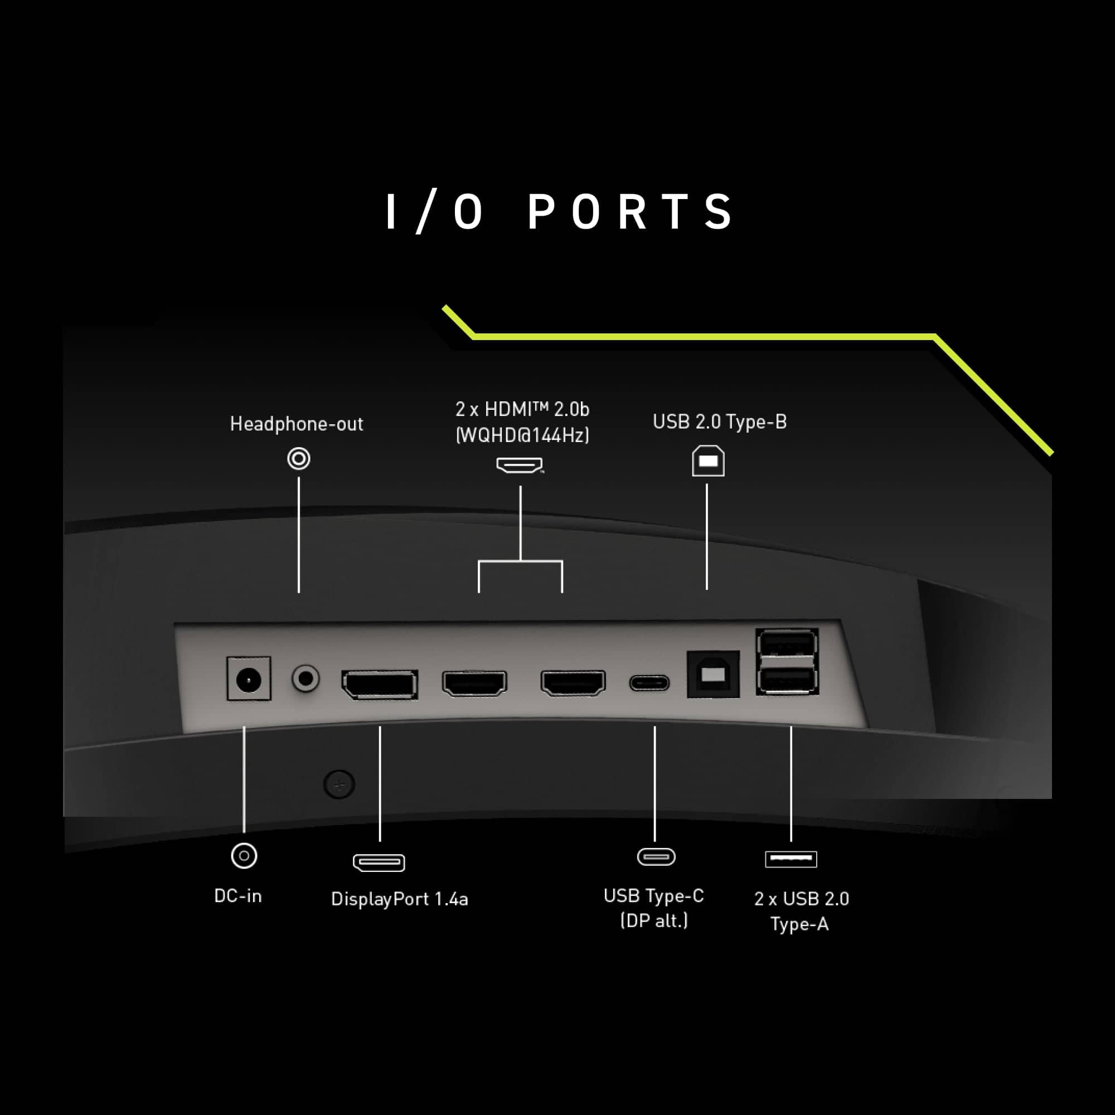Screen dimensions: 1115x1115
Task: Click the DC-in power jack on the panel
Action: point(249,678)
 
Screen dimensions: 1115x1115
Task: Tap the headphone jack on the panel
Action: point(306,678)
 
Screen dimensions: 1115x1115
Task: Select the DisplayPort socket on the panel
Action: point(380,685)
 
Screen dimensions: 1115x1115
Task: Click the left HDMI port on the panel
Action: point(474,683)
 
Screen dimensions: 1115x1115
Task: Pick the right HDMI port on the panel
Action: point(573,683)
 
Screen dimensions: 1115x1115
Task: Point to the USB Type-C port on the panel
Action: point(649,683)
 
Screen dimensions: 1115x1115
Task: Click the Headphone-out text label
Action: point(297,424)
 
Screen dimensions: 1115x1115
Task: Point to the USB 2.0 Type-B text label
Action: point(720,422)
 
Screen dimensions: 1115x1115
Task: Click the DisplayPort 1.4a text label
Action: point(399,899)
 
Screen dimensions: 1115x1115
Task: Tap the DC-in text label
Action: point(238,896)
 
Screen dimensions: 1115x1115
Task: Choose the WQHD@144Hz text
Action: point(522,435)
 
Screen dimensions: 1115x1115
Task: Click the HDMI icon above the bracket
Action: point(520,465)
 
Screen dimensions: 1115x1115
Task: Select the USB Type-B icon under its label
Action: point(708,460)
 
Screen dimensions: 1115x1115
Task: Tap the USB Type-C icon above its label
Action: point(656,856)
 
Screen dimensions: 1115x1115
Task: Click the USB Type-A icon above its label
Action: point(791,859)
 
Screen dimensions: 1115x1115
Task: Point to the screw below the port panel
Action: point(340,784)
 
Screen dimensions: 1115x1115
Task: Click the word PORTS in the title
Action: point(631,212)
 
